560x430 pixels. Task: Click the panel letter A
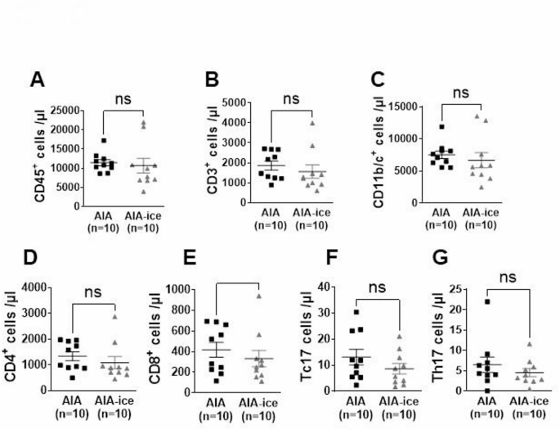coord(37,79)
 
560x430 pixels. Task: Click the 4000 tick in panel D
coord(48,287)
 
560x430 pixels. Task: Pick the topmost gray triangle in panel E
coord(258,296)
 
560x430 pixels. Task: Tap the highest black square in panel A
coord(104,141)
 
